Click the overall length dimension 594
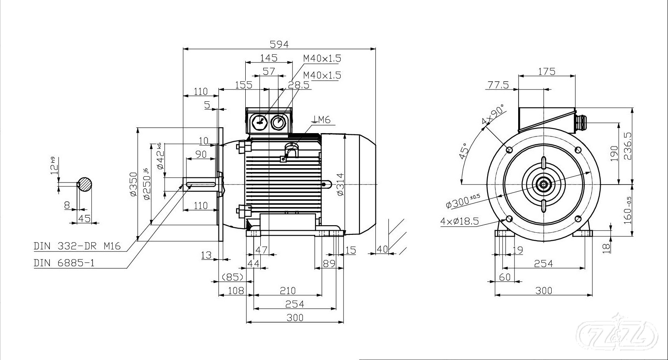[279, 44]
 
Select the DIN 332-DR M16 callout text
[77, 246]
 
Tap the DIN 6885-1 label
[64, 263]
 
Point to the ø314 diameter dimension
[340, 184]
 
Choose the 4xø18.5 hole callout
[459, 221]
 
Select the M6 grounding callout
[321, 120]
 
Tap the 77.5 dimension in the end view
[498, 85]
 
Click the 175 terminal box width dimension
[547, 72]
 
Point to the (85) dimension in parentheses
[232, 277]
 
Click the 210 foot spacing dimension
[288, 290]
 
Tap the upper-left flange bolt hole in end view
[509, 150]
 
